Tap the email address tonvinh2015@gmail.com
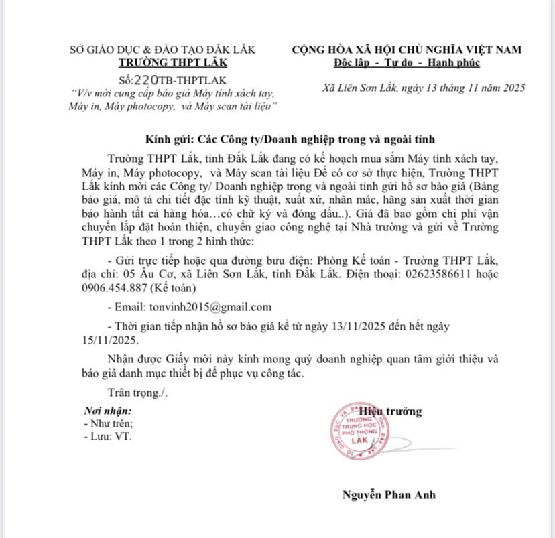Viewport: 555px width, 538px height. click(x=209, y=307)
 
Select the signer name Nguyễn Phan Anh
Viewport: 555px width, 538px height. click(x=389, y=495)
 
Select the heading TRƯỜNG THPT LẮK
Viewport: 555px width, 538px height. click(x=173, y=62)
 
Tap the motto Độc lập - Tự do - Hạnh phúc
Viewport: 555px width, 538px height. click(x=407, y=62)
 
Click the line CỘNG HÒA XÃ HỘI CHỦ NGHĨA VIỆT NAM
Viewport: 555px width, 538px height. click(x=407, y=49)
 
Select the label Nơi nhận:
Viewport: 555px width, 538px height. click(x=107, y=410)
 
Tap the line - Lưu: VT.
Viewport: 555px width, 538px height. click(x=108, y=436)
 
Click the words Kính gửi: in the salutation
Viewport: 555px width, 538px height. click(x=168, y=139)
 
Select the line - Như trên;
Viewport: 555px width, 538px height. click(x=109, y=423)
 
